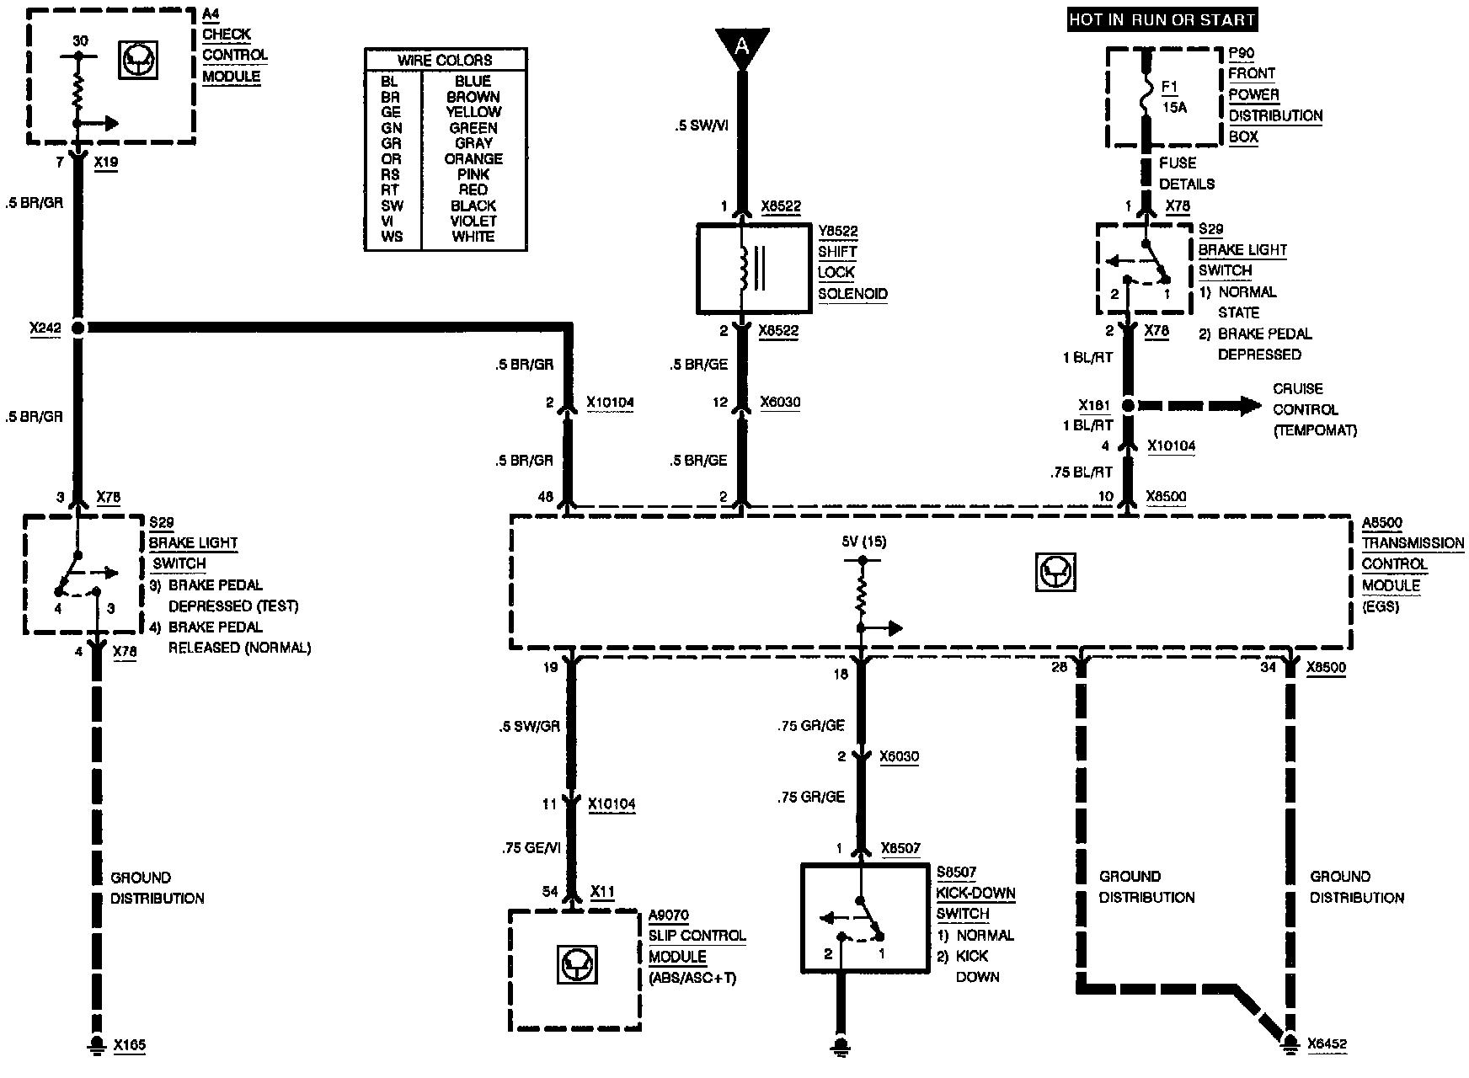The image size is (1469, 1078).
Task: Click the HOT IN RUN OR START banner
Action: (1162, 19)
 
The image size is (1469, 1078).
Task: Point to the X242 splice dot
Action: (78, 328)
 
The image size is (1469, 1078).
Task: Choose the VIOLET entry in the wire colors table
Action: (473, 221)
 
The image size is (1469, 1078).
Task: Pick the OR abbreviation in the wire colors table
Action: (391, 159)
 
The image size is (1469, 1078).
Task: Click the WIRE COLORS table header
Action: (445, 60)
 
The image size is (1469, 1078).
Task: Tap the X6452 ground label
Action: (1327, 1044)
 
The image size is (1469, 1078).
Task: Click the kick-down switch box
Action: (865, 918)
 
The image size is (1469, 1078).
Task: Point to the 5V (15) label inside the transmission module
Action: (863, 542)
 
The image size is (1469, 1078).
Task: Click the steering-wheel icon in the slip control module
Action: (576, 965)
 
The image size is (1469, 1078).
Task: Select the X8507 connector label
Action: (900, 849)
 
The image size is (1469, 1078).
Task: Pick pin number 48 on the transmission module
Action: (545, 497)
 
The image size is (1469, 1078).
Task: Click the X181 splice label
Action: (1094, 406)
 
